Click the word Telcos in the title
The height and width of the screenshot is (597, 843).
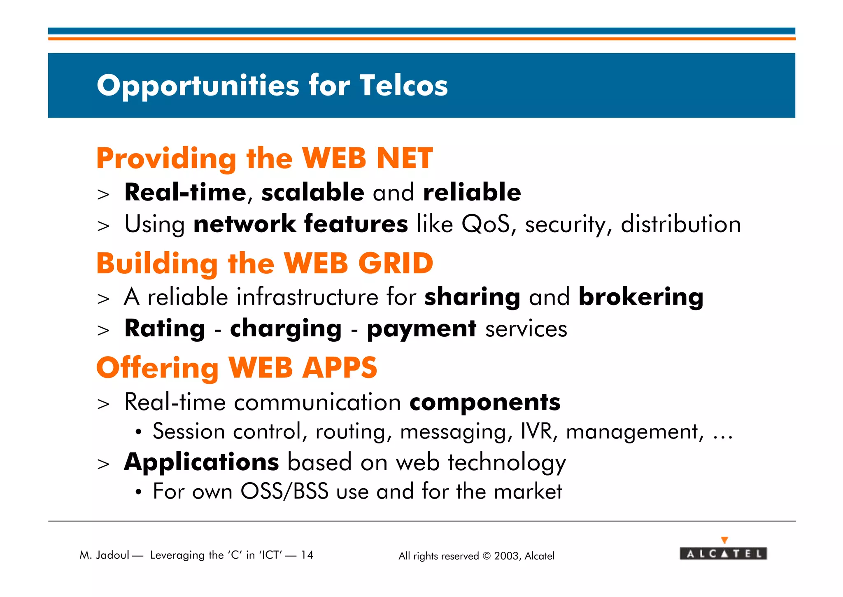[x=403, y=86]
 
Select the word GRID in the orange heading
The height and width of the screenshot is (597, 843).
[x=395, y=263]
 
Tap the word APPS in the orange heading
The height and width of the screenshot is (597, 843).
[x=340, y=368]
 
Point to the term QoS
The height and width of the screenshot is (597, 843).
[x=486, y=224]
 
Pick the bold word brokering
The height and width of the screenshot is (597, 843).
[x=641, y=297]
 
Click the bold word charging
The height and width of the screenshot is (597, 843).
[x=286, y=329]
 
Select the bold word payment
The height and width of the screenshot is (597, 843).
[x=421, y=329]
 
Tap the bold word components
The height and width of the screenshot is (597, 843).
[x=485, y=402]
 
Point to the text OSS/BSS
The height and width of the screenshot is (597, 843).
[x=284, y=491]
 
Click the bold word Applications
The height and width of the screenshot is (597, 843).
[x=202, y=462]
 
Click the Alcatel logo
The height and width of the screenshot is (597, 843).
[x=723, y=553]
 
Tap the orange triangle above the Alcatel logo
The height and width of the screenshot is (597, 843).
[x=724, y=540]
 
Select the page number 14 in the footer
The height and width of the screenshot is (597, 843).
[x=307, y=555]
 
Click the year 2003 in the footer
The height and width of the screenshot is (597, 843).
[x=508, y=556]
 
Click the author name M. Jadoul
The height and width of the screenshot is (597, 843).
[x=105, y=555]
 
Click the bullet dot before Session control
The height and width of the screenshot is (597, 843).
[x=139, y=432]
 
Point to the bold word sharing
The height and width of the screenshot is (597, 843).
[x=472, y=297]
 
